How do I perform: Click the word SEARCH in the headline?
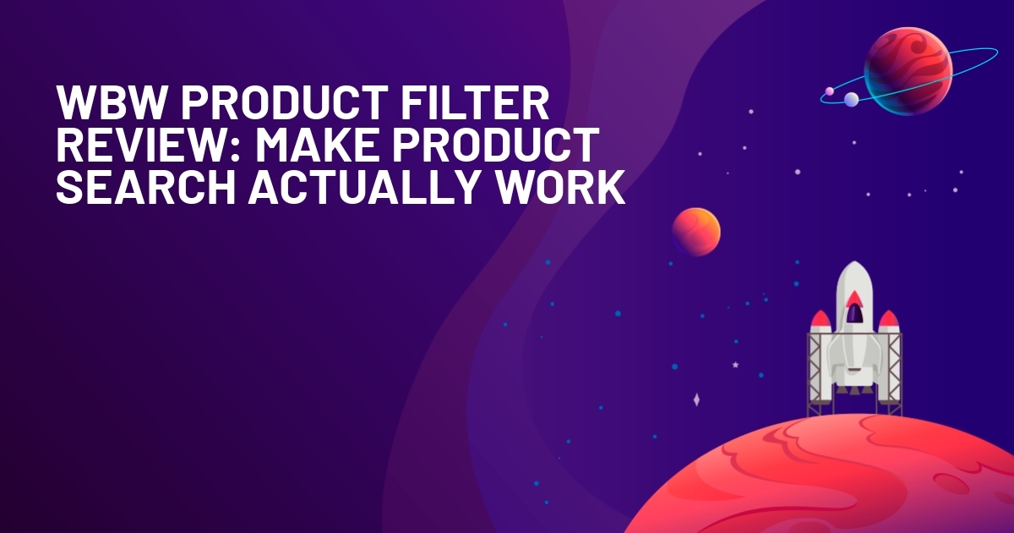point(145,187)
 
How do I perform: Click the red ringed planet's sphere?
point(908,71)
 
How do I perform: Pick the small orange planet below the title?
point(696,232)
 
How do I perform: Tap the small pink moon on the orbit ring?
point(829,91)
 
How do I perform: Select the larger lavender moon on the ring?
point(852,99)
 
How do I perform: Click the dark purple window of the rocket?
point(853,314)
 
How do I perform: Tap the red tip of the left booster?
point(820,319)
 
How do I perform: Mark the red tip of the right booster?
point(889,319)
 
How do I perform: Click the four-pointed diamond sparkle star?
point(696,399)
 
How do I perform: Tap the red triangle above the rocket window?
point(854,298)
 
